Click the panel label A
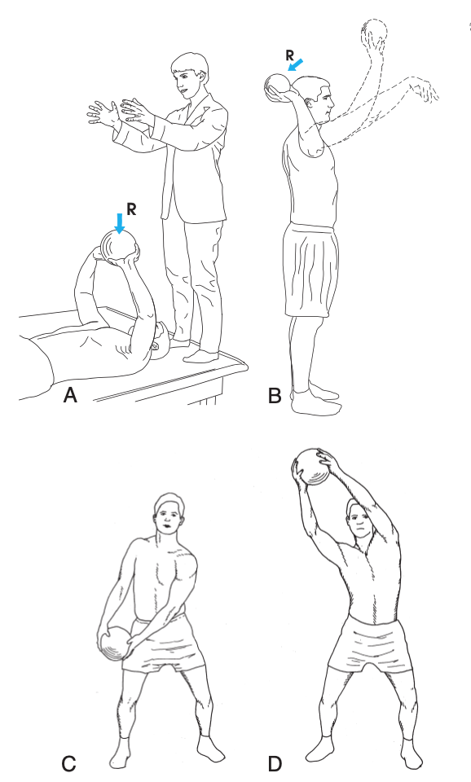click(x=70, y=396)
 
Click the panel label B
click(x=275, y=396)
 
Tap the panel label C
click(x=68, y=763)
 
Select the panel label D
click(x=275, y=763)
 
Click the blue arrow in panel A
click(x=119, y=223)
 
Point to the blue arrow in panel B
click(x=295, y=65)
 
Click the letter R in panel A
click(x=131, y=209)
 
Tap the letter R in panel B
click(x=290, y=55)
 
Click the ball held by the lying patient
click(x=119, y=246)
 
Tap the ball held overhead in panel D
click(x=312, y=467)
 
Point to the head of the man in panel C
click(x=169, y=514)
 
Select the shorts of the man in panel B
click(x=310, y=270)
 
